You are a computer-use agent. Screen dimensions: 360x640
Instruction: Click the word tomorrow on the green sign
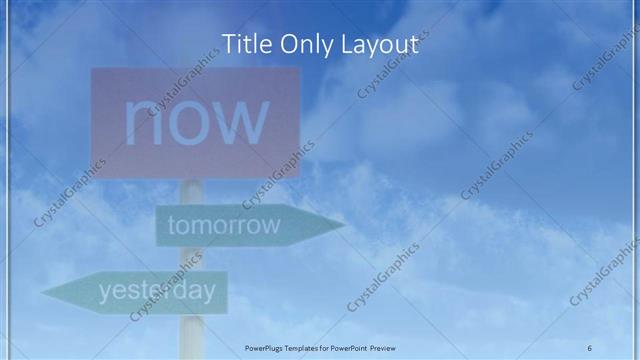pyautogui.click(x=224, y=225)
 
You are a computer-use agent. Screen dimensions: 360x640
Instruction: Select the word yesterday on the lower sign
pyautogui.click(x=157, y=291)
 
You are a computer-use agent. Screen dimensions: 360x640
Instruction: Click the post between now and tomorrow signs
pyautogui.click(x=192, y=192)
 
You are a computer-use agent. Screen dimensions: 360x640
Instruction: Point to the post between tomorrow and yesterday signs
pyautogui.click(x=192, y=257)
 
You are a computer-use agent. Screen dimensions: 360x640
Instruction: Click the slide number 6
pyautogui.click(x=589, y=347)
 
